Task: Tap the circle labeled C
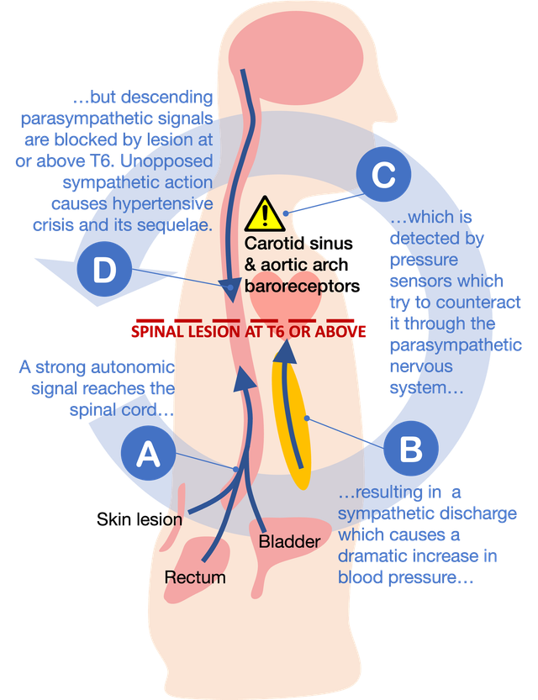(x=383, y=176)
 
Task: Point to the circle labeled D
(x=104, y=271)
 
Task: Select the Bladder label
(x=289, y=542)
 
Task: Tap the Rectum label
(x=195, y=577)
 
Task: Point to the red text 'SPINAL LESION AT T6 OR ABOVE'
(x=248, y=332)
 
